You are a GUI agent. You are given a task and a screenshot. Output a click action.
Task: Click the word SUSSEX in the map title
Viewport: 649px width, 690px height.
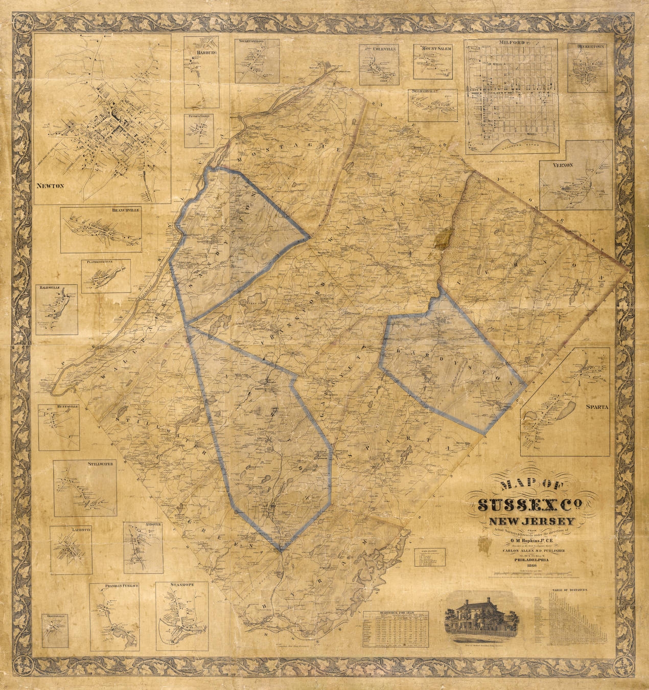coord(517,505)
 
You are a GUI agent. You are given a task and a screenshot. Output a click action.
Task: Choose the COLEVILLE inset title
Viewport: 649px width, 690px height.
coord(379,49)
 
